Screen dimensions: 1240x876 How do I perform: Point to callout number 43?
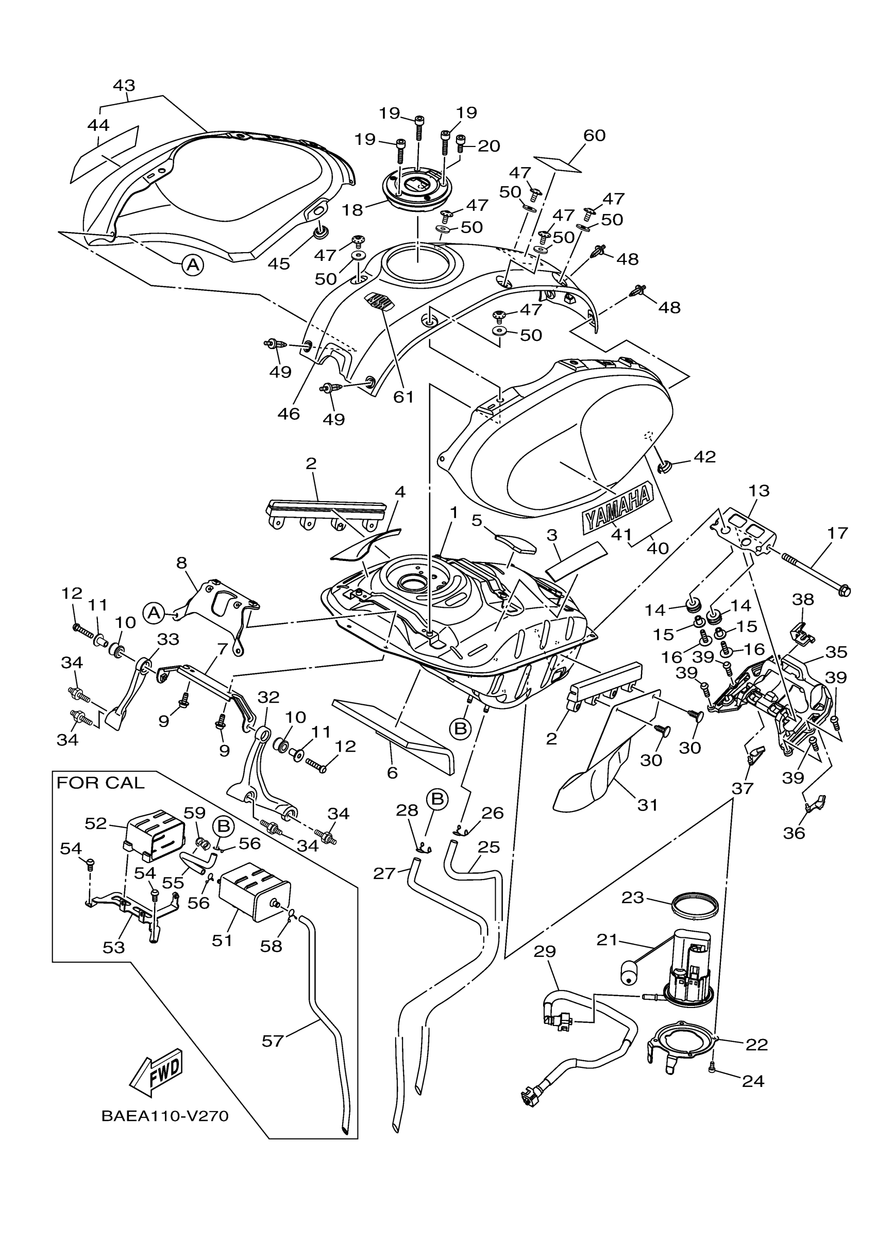point(124,86)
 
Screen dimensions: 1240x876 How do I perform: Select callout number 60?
point(594,135)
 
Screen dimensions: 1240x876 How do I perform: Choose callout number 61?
point(403,397)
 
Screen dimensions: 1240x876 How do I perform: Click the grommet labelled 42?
point(664,465)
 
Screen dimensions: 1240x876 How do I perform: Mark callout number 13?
point(759,491)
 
